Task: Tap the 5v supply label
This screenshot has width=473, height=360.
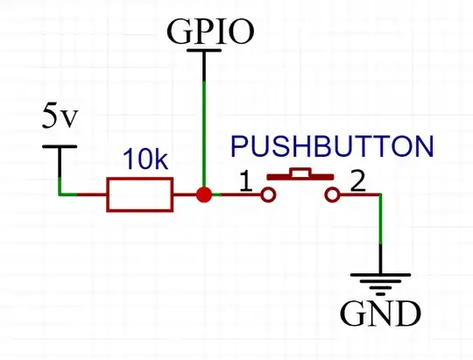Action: click(60, 116)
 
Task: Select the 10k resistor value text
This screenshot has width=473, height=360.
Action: click(143, 161)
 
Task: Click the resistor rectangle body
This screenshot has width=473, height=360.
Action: click(140, 194)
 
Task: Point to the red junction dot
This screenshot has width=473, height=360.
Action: click(204, 194)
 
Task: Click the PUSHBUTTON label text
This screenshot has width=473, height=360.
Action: click(331, 145)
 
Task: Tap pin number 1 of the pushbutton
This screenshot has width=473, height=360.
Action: click(245, 183)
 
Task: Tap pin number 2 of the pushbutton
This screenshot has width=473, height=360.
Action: click(357, 183)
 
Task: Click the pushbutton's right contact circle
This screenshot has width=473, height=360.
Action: click(331, 194)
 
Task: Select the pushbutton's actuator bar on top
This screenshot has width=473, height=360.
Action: click(299, 174)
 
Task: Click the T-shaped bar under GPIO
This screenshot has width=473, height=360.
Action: click(204, 52)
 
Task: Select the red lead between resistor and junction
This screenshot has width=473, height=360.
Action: click(186, 194)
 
